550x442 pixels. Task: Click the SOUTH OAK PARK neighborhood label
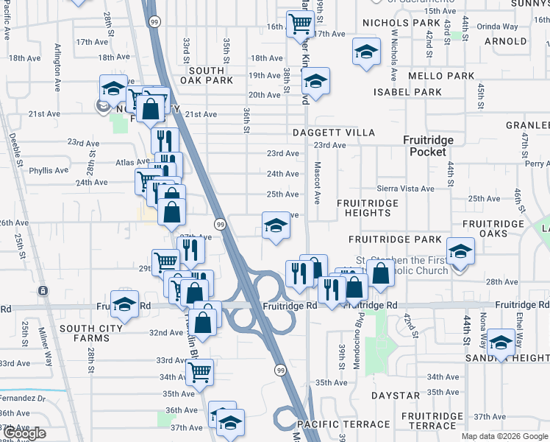(206, 75)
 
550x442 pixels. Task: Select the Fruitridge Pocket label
(427, 145)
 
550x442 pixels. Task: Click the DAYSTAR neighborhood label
(395, 396)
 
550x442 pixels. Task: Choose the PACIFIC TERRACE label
(343, 424)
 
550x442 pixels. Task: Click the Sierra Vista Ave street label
(405, 189)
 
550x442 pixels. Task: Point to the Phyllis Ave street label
(49, 170)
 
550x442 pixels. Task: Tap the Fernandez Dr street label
(22, 398)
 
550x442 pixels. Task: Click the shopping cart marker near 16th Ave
(300, 24)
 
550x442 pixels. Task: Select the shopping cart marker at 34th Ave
(199, 372)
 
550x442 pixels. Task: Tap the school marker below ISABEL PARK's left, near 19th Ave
(315, 81)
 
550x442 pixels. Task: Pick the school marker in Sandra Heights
(501, 343)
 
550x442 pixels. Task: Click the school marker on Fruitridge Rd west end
(125, 304)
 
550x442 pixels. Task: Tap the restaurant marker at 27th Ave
(191, 250)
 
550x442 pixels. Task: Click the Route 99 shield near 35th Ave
(280, 369)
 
